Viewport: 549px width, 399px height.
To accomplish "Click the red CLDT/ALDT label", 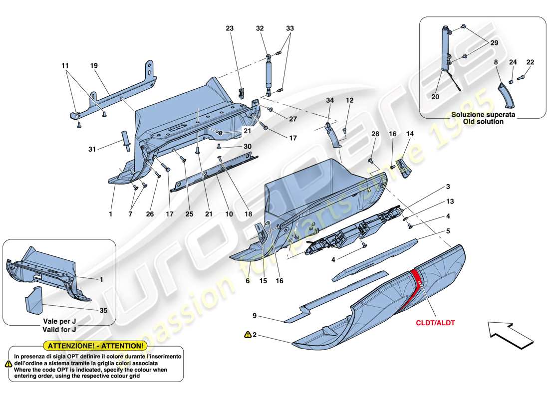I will pos(435,323).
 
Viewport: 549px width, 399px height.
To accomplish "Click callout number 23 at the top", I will pos(230,29).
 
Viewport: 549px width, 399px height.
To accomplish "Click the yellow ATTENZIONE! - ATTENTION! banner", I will pos(95,345).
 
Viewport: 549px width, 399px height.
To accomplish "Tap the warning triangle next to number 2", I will pos(247,335).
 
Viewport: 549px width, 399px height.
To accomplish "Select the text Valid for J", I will pos(59,330).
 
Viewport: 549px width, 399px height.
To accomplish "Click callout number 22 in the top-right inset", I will pos(530,62).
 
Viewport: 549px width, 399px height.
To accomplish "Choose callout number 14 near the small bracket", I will pos(410,134).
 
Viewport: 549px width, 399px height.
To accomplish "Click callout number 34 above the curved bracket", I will pos(329,100).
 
